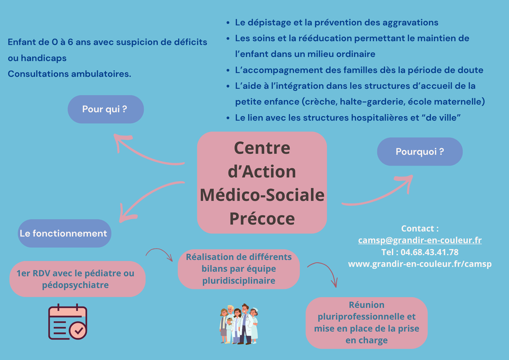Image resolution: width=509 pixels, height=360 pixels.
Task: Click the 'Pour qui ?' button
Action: [x=106, y=109]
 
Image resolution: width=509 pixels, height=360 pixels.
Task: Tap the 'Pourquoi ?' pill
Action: [x=420, y=152]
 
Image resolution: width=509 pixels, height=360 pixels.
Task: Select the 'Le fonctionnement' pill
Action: [x=64, y=233]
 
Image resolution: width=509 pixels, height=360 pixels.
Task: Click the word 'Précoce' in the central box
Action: [x=262, y=219]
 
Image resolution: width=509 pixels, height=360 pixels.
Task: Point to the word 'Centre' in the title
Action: [x=262, y=148]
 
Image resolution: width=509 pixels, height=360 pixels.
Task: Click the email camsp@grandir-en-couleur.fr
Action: [x=420, y=240]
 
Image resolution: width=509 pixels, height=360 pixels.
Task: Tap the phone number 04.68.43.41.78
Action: [x=429, y=252]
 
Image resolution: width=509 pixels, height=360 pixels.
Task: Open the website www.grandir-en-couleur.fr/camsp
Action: [x=420, y=264]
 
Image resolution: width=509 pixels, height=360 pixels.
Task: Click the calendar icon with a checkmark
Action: [x=67, y=321]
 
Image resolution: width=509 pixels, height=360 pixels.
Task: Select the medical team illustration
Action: [x=239, y=324]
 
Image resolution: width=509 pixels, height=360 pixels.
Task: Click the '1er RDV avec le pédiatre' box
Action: [x=77, y=279]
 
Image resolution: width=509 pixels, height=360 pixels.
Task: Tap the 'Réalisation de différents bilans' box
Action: [x=238, y=269]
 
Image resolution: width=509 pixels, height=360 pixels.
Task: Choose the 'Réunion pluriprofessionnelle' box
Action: [x=366, y=323]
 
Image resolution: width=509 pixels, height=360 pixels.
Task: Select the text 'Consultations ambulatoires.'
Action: [x=69, y=74]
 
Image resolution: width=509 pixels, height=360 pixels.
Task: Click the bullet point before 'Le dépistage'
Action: [x=228, y=23]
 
